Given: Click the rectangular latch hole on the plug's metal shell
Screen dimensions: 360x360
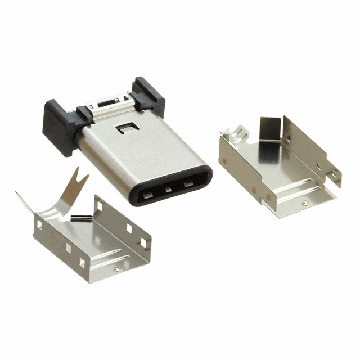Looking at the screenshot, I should coord(123,129).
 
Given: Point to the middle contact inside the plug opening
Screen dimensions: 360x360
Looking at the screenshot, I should coord(168,190).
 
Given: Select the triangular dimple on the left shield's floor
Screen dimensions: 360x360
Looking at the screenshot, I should coord(116,269).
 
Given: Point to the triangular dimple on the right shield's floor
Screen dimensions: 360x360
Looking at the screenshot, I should coord(304,204).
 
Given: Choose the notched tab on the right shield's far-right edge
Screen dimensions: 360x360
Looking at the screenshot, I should coord(334,174).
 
